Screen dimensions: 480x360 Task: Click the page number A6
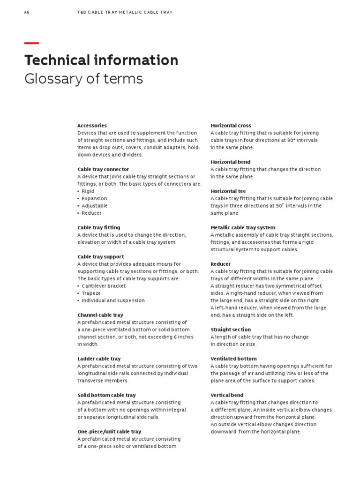pos(26,12)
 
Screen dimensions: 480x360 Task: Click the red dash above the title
pos(31,43)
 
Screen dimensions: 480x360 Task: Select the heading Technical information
pos(101,60)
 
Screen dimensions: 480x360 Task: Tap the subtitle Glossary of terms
pos(83,79)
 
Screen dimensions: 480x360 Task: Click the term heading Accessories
pos(92,126)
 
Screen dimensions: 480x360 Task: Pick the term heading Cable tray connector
pos(103,169)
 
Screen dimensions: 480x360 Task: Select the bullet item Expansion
pos(95,198)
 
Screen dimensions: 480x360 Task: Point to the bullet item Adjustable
pos(95,206)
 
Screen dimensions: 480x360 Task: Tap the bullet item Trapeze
pos(91,293)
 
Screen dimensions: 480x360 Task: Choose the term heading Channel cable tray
pos(100,315)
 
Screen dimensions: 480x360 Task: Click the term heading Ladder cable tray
pos(99,359)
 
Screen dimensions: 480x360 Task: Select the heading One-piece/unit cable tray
pos(109,432)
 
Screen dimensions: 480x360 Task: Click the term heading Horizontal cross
pos(231,126)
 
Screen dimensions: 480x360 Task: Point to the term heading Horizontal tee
pos(228,191)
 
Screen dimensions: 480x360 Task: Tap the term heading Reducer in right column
pos(220,264)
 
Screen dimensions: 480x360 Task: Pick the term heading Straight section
pos(231,330)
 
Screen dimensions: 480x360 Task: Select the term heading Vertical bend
pos(227,395)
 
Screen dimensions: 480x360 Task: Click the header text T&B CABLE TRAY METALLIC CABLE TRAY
pos(125,12)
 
